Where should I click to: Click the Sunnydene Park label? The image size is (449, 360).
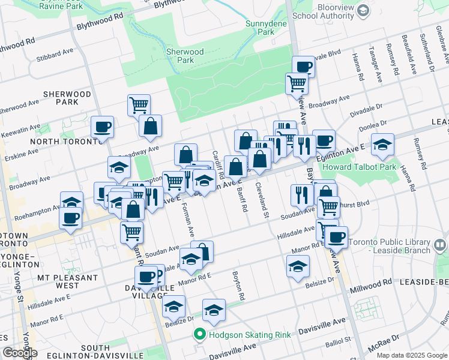(x=259, y=28)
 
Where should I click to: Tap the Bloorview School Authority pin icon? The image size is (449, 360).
(x=363, y=10)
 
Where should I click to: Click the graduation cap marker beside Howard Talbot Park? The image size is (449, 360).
(x=382, y=145)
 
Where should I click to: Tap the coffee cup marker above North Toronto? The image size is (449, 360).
(x=102, y=127)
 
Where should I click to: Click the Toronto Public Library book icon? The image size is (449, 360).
(x=440, y=245)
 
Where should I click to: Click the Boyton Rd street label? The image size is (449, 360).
(x=238, y=286)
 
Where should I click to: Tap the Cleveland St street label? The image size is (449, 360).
(x=263, y=196)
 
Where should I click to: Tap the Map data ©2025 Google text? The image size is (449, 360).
(x=411, y=355)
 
